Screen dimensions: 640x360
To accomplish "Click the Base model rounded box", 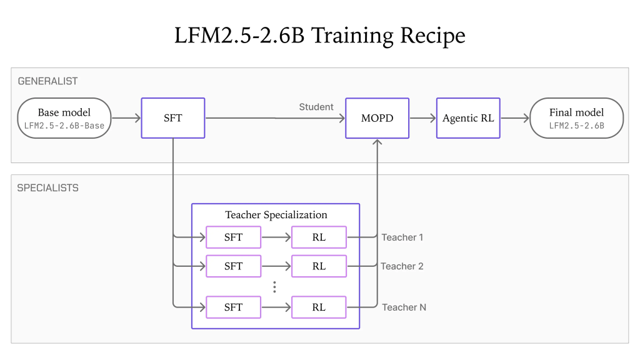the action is click(x=64, y=118).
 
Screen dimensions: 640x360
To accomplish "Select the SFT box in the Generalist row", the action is click(x=173, y=118).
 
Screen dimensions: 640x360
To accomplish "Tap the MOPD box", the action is click(x=377, y=118).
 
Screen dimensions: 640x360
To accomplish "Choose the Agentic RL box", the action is click(x=468, y=118).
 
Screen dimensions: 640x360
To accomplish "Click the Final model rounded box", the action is click(x=576, y=118).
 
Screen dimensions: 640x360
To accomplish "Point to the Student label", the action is click(x=316, y=107).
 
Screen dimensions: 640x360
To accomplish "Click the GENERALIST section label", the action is click(x=47, y=81).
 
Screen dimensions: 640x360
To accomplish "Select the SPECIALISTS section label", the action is click(x=47, y=187).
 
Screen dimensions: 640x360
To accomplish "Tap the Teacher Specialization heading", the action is click(x=276, y=215).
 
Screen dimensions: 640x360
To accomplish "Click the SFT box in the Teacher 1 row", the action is click(x=234, y=237).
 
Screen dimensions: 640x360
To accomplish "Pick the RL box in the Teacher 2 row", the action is click(x=319, y=266).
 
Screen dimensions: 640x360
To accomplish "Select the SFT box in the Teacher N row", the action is click(x=234, y=307).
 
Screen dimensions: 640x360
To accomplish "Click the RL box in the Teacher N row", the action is click(x=319, y=307).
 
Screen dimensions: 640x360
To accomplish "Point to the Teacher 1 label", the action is click(x=402, y=237).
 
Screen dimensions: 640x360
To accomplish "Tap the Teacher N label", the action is click(x=404, y=307).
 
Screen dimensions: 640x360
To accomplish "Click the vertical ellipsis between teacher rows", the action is click(x=275, y=287).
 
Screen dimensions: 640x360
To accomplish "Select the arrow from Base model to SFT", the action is click(x=126, y=118).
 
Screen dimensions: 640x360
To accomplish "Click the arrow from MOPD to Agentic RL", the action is click(x=423, y=118).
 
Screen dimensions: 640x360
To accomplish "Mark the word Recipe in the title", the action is click(x=432, y=36).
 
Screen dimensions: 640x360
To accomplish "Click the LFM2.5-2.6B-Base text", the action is click(x=64, y=126).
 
